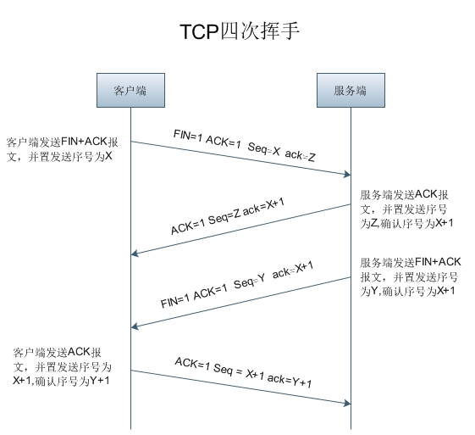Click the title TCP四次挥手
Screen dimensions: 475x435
tap(240, 31)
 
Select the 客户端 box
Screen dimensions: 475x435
tap(130, 90)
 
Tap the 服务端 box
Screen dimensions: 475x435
tap(351, 90)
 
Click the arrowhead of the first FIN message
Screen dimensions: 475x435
tap(347, 174)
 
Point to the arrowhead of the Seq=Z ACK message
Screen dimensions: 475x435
tap(135, 254)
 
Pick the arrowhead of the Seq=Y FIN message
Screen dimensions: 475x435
tap(135, 326)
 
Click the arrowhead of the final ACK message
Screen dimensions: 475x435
tap(347, 403)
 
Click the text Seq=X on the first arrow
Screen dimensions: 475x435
tap(264, 148)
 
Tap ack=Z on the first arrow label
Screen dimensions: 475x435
tap(301, 156)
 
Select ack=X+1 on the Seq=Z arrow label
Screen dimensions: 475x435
tap(264, 206)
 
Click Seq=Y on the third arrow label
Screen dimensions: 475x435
tap(250, 282)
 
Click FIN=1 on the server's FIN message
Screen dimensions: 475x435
tap(175, 301)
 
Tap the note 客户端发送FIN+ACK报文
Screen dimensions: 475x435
tap(62, 149)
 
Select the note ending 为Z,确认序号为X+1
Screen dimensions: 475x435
tap(406, 209)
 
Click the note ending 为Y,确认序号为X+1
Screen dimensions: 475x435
tap(410, 276)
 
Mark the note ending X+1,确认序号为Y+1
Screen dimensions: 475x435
tap(62, 366)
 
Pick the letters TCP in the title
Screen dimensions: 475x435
tap(199, 31)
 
